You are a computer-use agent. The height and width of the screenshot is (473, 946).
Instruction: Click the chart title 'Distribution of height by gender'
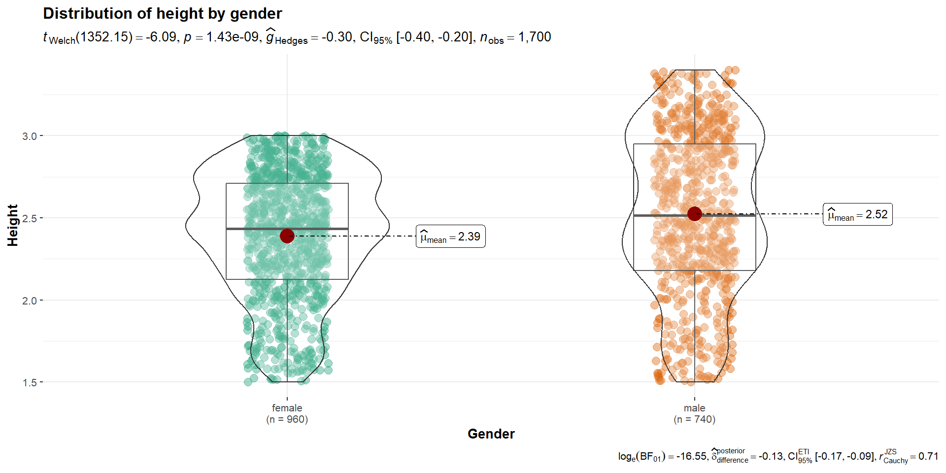163,13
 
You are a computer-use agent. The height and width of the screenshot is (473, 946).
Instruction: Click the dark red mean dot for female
287,236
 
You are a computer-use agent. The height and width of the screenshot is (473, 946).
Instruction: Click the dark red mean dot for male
694,214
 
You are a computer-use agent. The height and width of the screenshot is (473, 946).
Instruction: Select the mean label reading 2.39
450,236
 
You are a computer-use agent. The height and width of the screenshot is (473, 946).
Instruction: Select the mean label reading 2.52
857,214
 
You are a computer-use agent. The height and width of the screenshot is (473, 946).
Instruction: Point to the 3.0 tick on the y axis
30,136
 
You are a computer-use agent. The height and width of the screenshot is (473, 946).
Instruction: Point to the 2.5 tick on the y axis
30,218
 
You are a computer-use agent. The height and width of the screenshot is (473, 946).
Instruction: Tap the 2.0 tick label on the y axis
30,301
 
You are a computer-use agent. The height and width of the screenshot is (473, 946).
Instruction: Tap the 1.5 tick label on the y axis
30,383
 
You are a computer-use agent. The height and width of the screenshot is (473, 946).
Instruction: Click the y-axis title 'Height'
13,225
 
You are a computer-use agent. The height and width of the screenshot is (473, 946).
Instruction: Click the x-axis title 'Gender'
491,434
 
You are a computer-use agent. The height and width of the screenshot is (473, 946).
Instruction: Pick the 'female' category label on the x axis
287,408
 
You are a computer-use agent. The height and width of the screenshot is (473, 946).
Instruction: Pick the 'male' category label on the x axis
694,408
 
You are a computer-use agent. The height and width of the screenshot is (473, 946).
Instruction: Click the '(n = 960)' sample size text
287,419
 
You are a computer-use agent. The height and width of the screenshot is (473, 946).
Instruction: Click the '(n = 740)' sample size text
694,419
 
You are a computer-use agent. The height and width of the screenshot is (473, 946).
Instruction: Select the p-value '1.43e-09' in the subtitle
232,37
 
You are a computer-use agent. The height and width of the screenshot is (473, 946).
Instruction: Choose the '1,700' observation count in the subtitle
535,37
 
